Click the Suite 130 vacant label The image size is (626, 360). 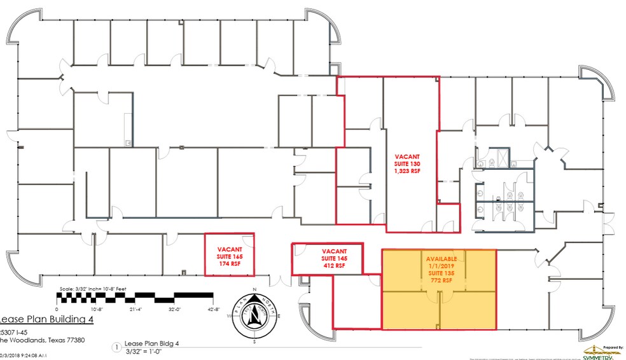click(x=407, y=163)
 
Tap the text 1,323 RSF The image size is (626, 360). click(x=407, y=171)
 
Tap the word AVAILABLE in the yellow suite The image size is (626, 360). click(x=438, y=259)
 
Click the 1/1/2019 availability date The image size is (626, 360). click(x=438, y=266)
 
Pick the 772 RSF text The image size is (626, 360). click(x=438, y=280)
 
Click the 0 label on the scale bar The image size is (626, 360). click(x=57, y=308)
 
